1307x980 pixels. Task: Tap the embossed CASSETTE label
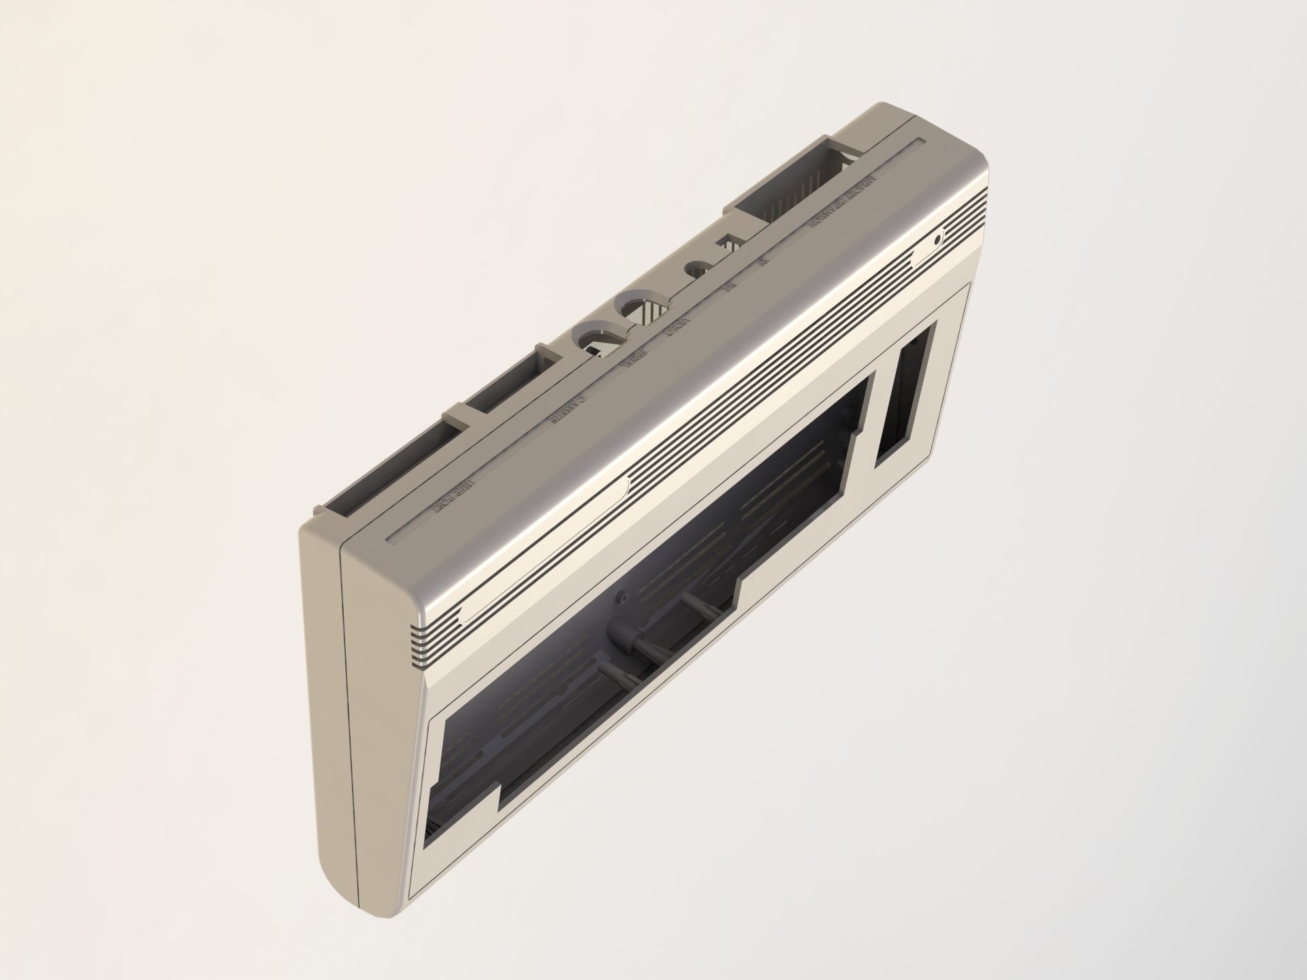567,410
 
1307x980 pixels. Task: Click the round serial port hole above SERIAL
599,336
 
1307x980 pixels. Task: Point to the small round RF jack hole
696,269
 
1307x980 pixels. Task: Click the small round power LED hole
939,240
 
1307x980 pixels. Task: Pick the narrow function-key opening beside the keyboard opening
904,395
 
